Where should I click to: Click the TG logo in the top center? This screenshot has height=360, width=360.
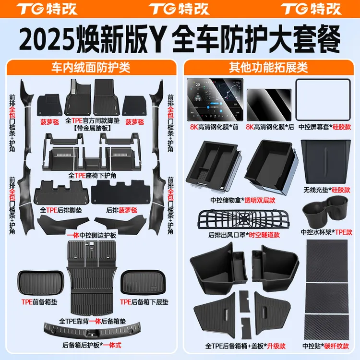coord(179,9)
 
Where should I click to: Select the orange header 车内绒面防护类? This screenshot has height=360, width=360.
coord(91,68)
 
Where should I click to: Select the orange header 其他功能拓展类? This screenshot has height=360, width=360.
coord(268,68)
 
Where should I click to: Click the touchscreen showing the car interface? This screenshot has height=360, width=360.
coord(215,99)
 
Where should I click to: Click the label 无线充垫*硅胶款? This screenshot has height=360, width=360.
coord(327,190)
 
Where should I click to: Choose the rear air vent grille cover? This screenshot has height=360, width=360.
coord(243,219)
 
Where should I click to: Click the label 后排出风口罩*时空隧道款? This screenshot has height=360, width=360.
coord(244,235)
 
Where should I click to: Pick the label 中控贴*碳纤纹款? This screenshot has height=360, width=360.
coord(325,346)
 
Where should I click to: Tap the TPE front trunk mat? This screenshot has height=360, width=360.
coord(41,283)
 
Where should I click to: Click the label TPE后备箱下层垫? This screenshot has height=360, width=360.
coord(144,302)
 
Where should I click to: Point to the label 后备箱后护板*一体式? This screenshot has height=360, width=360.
coord(92,345)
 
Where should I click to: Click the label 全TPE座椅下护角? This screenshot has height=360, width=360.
coord(92,176)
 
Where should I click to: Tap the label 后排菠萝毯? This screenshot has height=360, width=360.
coord(121,210)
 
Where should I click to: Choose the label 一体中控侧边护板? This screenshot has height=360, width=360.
coord(92,235)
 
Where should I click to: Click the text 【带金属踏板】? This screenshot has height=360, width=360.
coord(92,128)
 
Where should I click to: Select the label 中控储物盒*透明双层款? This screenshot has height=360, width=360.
coord(243,200)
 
